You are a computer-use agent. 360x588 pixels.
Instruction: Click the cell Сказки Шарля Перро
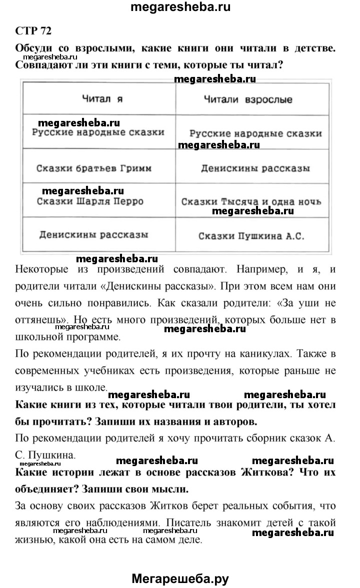pyautogui.click(x=90, y=201)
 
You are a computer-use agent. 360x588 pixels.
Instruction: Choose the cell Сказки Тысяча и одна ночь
pyautogui.click(x=251, y=202)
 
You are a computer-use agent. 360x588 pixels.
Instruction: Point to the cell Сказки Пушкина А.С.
pyautogui.click(x=251, y=236)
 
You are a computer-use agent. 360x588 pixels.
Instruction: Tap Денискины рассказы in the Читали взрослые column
pyautogui.click(x=254, y=168)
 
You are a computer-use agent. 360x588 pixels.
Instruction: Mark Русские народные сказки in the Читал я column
pyautogui.click(x=97, y=133)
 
